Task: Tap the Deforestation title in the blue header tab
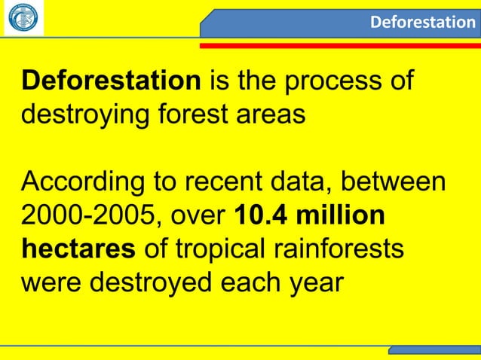click(422, 22)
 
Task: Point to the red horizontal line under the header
click(339, 45)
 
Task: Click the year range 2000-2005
click(90, 216)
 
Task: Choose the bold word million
click(343, 216)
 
